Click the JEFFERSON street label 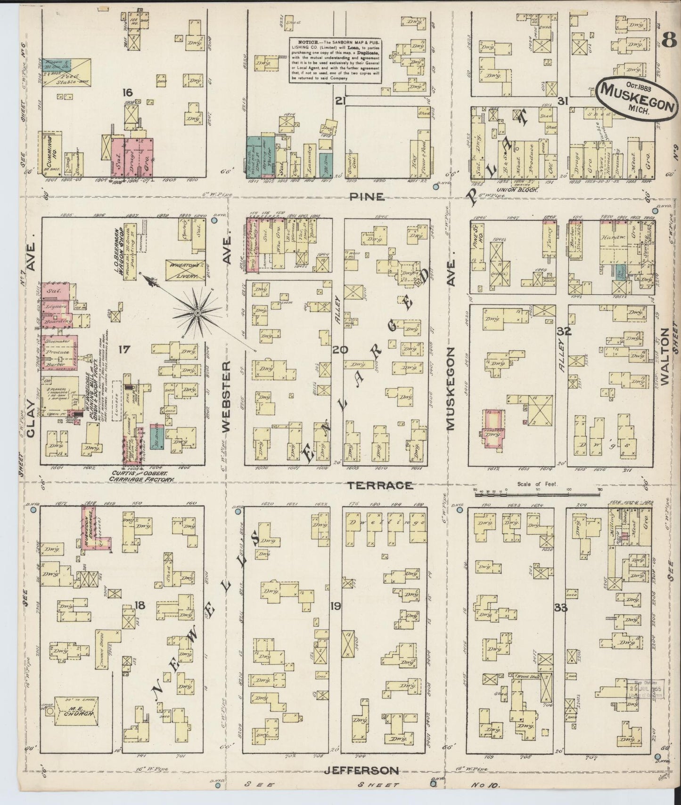tap(362, 770)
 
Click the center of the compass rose tap(198, 312)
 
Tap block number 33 tap(560, 608)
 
